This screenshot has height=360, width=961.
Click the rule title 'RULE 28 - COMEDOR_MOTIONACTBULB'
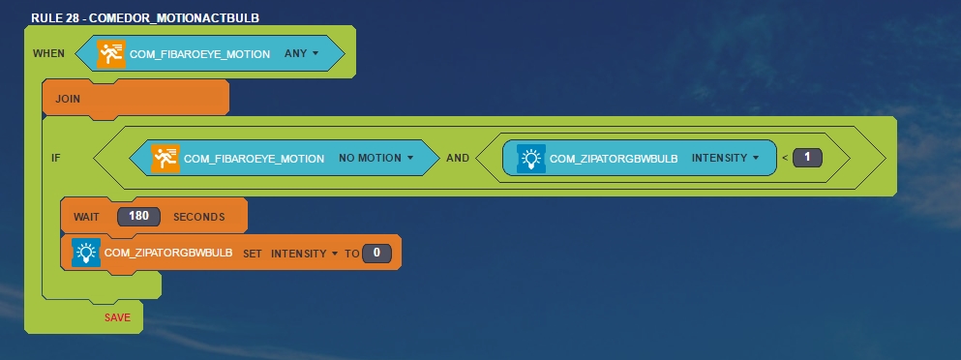pos(145,17)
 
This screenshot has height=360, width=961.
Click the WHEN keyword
pos(48,53)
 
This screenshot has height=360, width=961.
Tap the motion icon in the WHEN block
pos(111,54)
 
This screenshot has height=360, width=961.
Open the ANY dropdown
pos(302,53)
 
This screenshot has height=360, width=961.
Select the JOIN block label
pos(68,99)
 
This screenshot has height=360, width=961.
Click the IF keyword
pos(56,158)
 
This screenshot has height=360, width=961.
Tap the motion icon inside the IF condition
pos(165,159)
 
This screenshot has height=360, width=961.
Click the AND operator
pos(458,158)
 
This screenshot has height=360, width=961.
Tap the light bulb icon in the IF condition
pos(530,159)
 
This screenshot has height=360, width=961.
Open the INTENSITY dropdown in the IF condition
pos(726,158)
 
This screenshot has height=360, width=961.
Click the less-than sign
pos(785,159)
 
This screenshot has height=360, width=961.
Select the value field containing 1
pos(807,158)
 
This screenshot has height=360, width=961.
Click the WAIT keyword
pos(86,217)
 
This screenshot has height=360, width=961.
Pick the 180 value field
pos(138,217)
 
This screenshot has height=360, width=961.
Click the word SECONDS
pos(199,217)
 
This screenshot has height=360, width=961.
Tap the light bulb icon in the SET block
pos(86,252)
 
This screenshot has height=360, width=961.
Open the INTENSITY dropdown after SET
pos(305,254)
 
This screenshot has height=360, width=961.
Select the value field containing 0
pos(376,254)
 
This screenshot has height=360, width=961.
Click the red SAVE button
pos(117,317)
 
